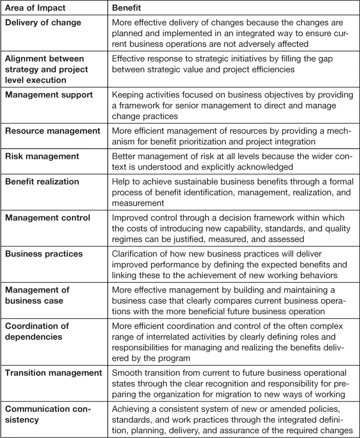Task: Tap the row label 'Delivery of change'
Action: click(x=43, y=23)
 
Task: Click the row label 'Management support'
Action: click(x=49, y=95)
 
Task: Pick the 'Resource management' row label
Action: click(x=52, y=131)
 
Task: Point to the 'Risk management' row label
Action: click(x=42, y=156)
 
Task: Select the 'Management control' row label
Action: click(x=47, y=218)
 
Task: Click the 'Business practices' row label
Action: click(x=44, y=254)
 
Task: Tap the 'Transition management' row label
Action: click(x=54, y=372)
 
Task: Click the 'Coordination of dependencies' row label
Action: click(x=37, y=332)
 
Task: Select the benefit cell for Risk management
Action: click(x=230, y=161)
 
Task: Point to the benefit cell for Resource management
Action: click(x=230, y=136)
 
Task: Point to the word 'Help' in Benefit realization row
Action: click(x=121, y=182)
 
